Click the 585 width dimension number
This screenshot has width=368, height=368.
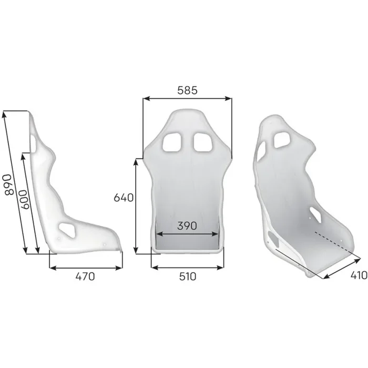[x=187, y=90]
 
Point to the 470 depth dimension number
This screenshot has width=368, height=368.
[x=84, y=277]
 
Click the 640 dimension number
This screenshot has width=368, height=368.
[x=124, y=198]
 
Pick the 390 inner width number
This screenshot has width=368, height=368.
[x=187, y=226]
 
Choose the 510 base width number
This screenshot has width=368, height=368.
[x=187, y=277]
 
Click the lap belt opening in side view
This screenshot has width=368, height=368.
[x=68, y=229]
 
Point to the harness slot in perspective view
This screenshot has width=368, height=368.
[x=282, y=140]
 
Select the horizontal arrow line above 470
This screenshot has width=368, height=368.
[x=86, y=267]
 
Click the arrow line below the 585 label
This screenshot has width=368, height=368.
[x=187, y=98]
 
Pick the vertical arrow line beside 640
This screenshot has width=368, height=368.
[x=137, y=205]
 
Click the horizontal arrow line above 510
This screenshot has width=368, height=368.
[x=187, y=267]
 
